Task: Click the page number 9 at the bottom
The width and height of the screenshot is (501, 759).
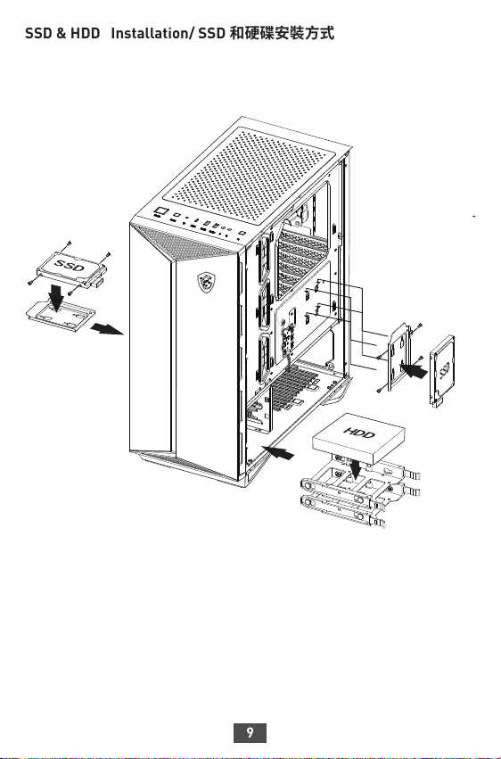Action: [250, 732]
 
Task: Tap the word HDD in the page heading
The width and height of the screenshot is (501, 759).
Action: [85, 33]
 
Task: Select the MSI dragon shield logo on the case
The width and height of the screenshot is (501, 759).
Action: [207, 282]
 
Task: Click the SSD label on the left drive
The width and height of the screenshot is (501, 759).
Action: [70, 265]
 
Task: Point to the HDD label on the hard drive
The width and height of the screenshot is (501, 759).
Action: [359, 432]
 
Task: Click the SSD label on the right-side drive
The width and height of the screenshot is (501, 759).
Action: [444, 371]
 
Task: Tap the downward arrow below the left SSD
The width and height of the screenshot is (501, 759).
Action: [56, 298]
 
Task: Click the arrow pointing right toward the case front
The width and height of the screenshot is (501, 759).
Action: [107, 329]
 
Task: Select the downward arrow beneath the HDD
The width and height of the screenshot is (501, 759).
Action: [356, 468]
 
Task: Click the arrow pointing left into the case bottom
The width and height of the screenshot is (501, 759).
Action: [277, 452]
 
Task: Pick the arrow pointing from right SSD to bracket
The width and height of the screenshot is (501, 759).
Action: [415, 371]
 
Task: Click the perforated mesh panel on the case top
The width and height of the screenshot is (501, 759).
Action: [249, 176]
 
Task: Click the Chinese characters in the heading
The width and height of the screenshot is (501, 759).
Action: [282, 33]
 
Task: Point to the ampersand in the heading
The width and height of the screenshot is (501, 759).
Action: [61, 34]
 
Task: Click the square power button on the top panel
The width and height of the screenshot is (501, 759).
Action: [160, 211]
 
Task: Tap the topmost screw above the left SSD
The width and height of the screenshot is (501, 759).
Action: [70, 243]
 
